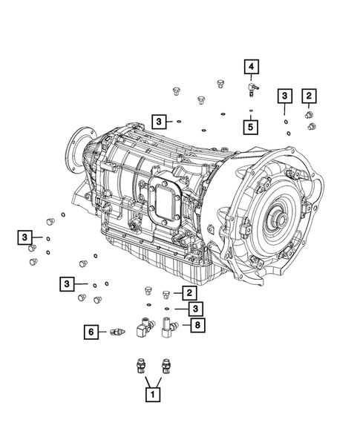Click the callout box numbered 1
click(x=153, y=395)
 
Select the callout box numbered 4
click(x=253, y=68)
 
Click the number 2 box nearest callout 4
click(x=307, y=95)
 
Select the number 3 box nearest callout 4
click(x=284, y=95)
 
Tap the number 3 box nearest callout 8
click(x=194, y=309)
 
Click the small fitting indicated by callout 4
click(x=252, y=90)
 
